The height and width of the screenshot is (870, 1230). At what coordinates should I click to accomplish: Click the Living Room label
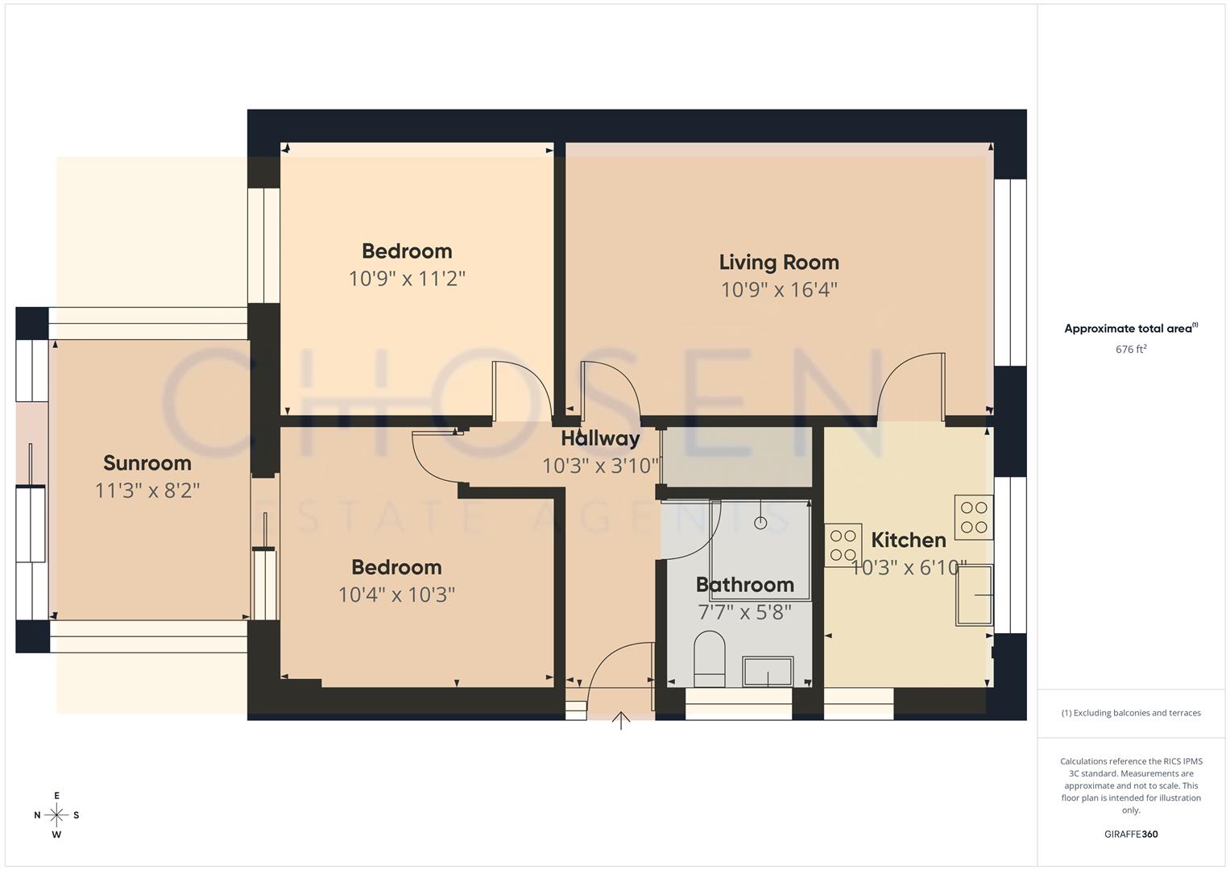point(779,262)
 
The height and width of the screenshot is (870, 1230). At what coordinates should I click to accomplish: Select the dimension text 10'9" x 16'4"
point(779,289)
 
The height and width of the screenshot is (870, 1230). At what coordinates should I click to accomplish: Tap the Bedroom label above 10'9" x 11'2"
point(407,251)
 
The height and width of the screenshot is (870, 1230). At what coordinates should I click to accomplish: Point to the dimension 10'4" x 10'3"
point(396,594)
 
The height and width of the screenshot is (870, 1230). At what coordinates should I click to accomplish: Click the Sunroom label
point(147,462)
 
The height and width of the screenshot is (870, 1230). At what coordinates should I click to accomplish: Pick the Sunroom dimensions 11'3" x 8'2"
point(147,490)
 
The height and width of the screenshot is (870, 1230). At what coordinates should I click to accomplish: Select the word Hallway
point(600,438)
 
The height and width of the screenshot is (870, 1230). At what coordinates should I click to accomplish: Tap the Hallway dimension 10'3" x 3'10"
point(601,466)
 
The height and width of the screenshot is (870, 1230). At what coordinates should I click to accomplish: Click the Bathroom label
point(744,584)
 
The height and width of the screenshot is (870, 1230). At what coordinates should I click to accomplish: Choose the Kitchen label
point(909,540)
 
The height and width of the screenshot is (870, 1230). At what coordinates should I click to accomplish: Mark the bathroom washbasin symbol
point(768,672)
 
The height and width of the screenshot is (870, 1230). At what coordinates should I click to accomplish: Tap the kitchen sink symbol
point(975,594)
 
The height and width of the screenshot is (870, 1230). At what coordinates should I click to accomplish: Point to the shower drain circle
point(760,523)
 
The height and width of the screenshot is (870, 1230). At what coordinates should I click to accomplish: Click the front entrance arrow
point(621,719)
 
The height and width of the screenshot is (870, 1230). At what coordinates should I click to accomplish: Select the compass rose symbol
point(56,814)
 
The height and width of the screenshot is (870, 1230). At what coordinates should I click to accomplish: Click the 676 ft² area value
point(1131,349)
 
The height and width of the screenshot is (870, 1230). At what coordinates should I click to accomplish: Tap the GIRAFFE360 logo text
point(1131,834)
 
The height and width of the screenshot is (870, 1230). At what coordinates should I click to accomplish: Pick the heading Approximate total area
point(1131,328)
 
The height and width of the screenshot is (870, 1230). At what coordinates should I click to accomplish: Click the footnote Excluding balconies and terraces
point(1131,713)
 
